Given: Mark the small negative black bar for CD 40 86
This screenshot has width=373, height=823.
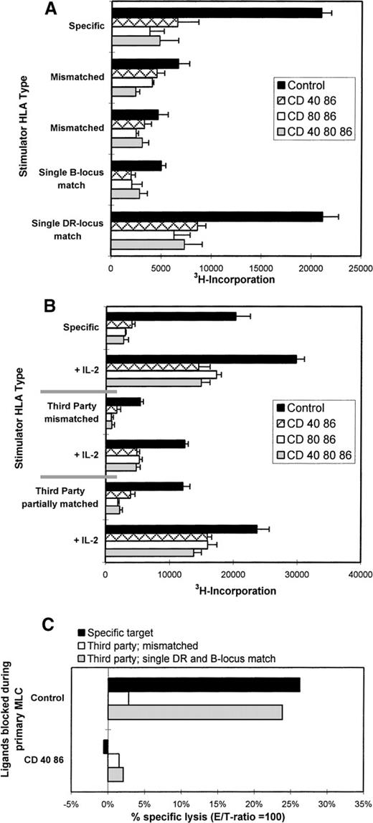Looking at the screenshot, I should [x=105, y=747].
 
